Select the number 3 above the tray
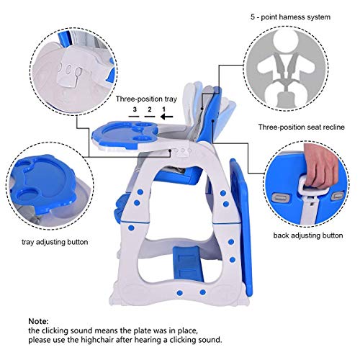[x=134, y=110]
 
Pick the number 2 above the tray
[x=148, y=110]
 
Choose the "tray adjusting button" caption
[x=48, y=242]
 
